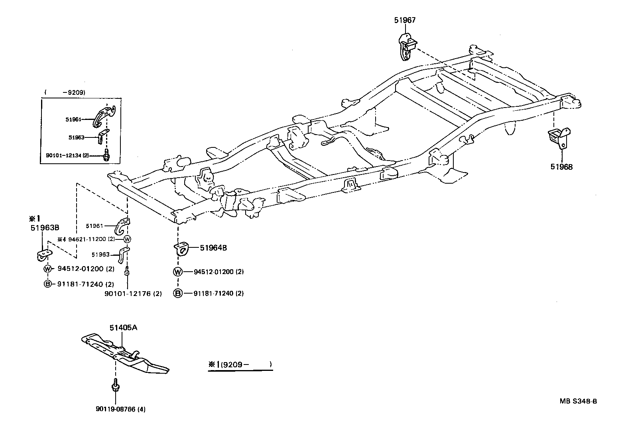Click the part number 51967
pos(405,20)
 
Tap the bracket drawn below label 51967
pos(406,47)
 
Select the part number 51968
pos(561,167)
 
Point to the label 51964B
pos(213,248)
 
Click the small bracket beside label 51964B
pos(181,249)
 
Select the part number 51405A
pos(124,327)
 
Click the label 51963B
pos(45,228)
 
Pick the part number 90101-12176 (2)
pos(133,294)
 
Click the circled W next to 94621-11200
pos(127,239)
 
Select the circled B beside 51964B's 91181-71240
pos(178,293)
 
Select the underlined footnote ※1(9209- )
pos(240,364)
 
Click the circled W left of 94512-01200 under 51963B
pos(48,269)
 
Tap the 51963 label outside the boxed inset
pos(100,255)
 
